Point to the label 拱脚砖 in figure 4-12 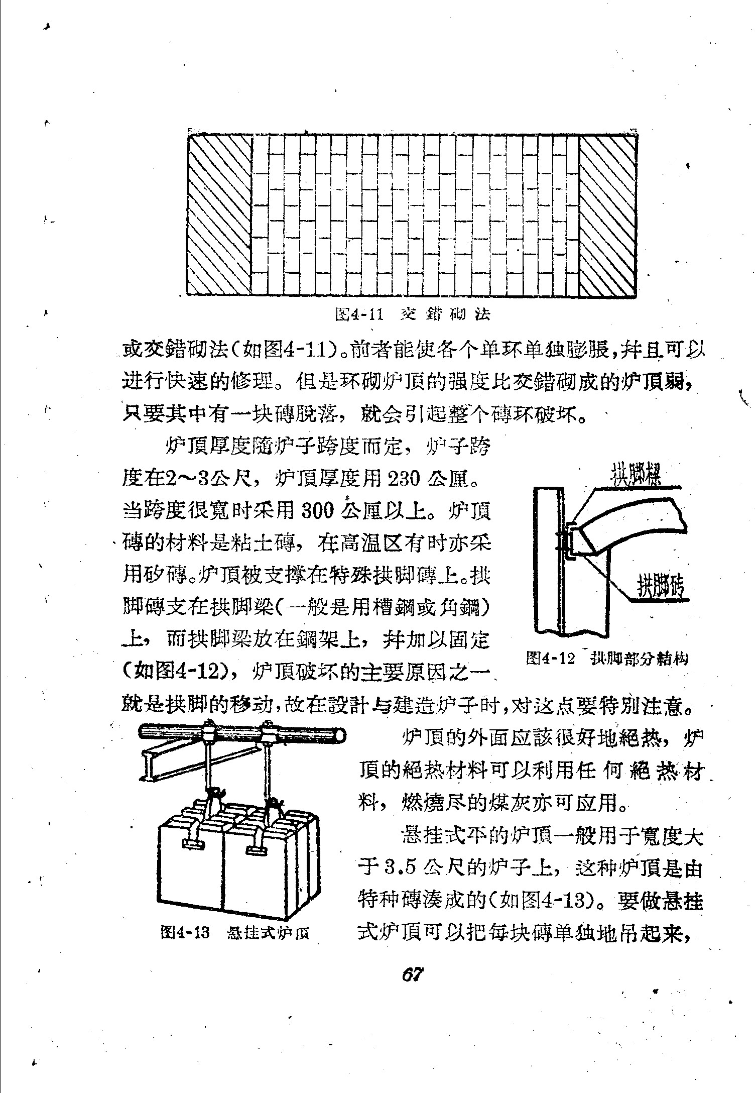pos(661,586)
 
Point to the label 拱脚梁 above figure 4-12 pos(635,475)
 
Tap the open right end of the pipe pos(341,736)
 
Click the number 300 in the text pos(318,511)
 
